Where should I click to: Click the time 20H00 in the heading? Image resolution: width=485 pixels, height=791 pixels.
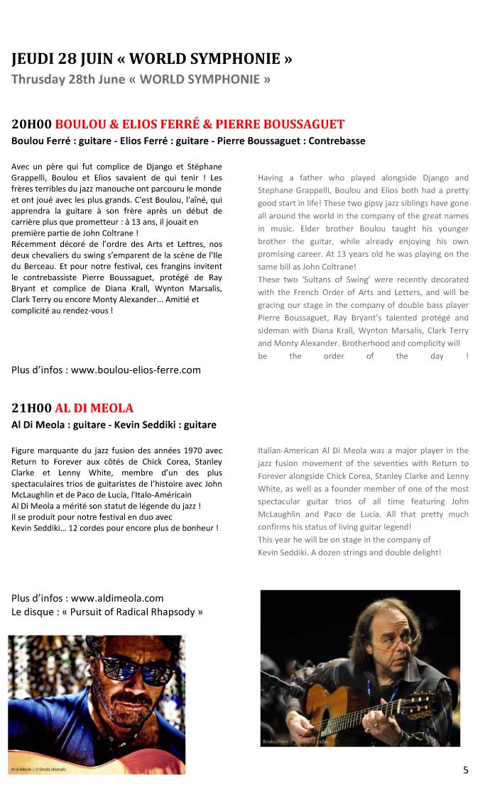(31, 124)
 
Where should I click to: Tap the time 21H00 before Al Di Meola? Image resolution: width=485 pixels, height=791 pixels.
(31, 408)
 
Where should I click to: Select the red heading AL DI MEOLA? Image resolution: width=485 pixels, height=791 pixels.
(94, 408)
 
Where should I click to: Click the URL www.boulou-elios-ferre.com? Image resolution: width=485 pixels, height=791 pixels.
(136, 370)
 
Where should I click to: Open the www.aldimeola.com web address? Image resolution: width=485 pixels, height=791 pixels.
(117, 598)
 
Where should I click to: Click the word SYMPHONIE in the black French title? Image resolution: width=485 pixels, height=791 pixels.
(236, 57)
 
